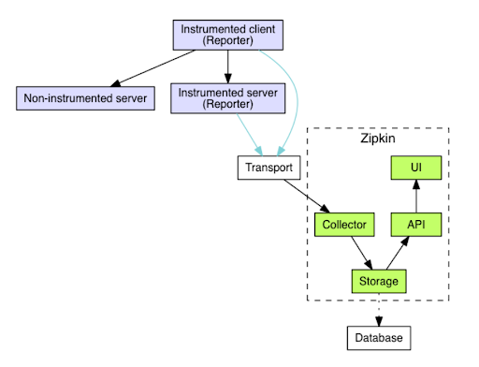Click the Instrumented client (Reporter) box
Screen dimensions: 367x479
228,36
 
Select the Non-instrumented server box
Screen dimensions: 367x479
85,97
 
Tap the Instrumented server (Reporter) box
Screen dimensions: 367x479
228,97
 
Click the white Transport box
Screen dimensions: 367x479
269,169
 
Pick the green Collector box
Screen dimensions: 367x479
344,225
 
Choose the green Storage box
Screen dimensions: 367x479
379,280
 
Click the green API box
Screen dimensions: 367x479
416,225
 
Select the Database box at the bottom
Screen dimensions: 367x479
379,336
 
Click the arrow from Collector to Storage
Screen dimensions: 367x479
361,252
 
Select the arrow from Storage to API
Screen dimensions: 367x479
398,253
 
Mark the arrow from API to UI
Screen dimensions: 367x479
416,197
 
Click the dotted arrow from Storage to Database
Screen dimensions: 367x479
379,308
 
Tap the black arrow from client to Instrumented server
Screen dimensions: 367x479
228,66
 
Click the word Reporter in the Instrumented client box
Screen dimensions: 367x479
228,42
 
